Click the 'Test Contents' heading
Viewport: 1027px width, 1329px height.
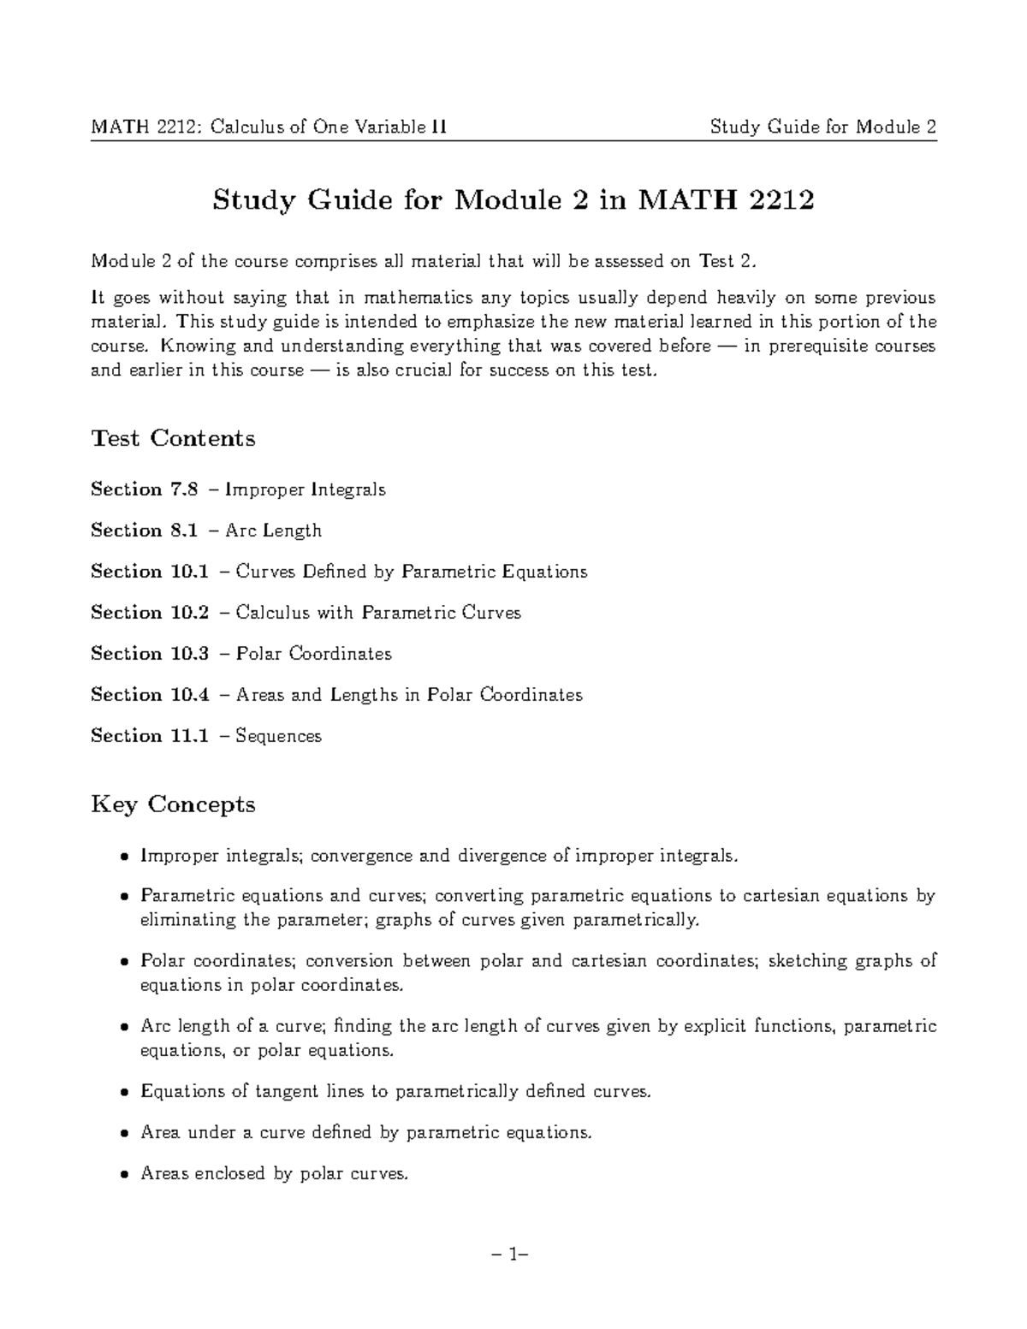point(173,438)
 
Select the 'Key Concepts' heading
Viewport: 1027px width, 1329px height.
point(173,804)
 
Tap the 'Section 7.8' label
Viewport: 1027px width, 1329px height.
point(144,489)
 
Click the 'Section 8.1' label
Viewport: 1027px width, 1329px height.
point(144,531)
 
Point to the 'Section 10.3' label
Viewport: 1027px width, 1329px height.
point(149,654)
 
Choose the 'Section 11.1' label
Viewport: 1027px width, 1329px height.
point(149,736)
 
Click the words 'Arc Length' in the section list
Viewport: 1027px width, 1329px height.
point(273,531)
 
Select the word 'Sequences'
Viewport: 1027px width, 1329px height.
point(278,736)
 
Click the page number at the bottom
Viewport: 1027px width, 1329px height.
point(513,1255)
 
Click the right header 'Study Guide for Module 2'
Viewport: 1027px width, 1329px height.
point(822,128)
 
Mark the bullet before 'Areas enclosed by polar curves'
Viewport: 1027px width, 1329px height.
point(125,1175)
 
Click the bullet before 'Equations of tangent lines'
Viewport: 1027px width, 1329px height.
point(125,1093)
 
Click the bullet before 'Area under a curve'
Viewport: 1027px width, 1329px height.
point(125,1134)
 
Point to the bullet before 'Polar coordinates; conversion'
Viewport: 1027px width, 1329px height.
point(125,962)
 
